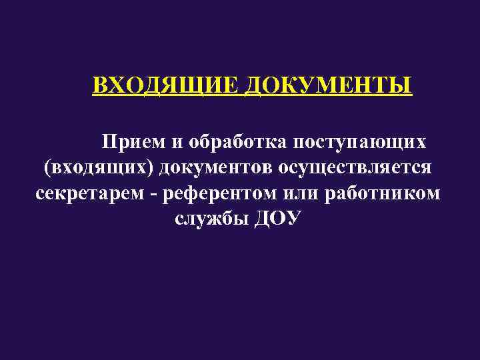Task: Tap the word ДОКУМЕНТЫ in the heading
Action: coord(328,87)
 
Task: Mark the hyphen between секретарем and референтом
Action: coord(155,194)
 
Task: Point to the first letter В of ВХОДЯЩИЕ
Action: coord(99,87)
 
